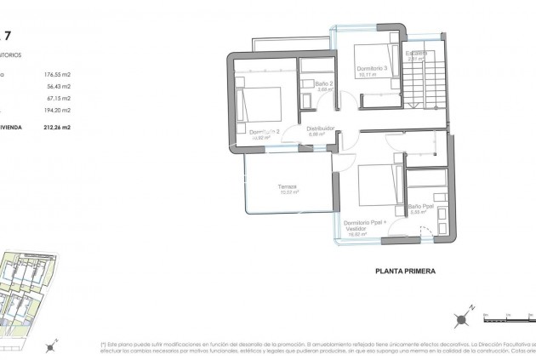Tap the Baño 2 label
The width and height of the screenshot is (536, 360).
pyautogui.click(x=322, y=84)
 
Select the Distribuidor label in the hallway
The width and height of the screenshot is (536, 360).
pyautogui.click(x=320, y=129)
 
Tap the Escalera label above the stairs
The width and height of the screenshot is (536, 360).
pyautogui.click(x=416, y=54)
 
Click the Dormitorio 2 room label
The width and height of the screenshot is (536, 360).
pyautogui.click(x=265, y=132)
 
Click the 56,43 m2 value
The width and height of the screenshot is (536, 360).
pyautogui.click(x=57, y=86)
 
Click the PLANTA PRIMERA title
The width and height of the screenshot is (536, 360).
pyautogui.click(x=404, y=272)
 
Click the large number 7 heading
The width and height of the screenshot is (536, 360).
pyautogui.click(x=8, y=36)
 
